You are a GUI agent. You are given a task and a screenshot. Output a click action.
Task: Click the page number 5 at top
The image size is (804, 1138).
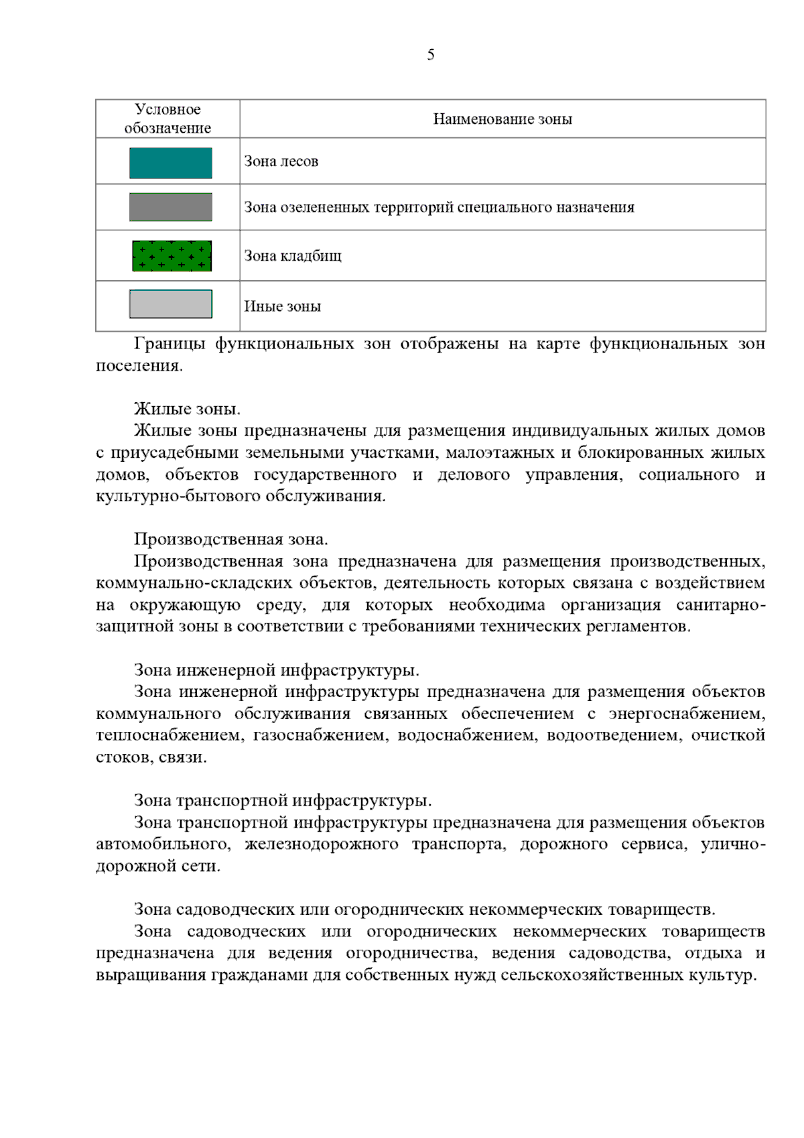coord(430,55)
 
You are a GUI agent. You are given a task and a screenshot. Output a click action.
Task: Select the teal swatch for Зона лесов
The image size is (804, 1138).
coord(171,163)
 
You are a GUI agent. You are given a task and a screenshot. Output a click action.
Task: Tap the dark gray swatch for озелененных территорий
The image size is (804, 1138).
coord(171,207)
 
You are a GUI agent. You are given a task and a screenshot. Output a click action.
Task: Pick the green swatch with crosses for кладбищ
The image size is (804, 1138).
coord(172,255)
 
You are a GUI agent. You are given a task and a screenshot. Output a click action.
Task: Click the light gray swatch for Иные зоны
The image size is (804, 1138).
coord(171,304)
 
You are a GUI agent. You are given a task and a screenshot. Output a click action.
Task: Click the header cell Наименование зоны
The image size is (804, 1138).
coord(503,119)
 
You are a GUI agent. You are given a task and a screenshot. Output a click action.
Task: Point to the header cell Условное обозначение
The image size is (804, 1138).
coord(167,119)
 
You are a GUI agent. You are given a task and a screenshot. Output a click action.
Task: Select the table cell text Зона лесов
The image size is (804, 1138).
coord(281,162)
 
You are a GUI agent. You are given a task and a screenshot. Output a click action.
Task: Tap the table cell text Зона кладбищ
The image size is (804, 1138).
coord(293,256)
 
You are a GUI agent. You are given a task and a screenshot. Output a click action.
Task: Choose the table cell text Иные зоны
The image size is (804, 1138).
coord(282,306)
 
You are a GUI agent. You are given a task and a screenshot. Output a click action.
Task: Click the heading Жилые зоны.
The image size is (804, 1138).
coord(187,409)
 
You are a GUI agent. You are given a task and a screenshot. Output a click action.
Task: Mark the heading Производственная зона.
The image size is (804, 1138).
coord(230,540)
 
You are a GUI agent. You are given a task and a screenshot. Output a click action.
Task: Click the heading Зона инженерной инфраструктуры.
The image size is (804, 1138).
coord(276,670)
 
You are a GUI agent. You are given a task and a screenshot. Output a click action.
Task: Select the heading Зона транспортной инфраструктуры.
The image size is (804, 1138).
coord(282,800)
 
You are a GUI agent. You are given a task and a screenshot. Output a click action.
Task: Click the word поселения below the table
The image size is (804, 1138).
coord(139,366)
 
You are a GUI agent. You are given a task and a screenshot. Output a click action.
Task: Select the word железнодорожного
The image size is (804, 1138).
coord(322,844)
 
